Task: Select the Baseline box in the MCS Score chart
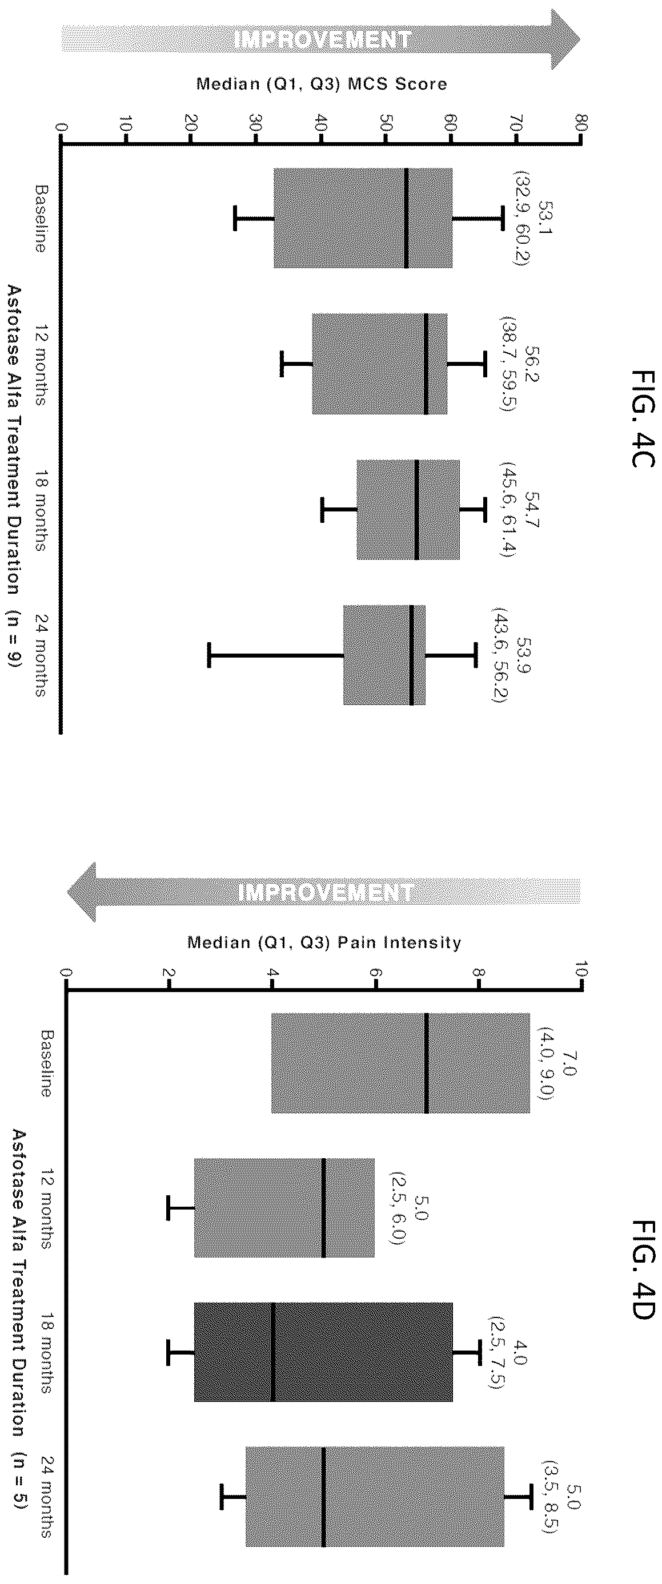363,217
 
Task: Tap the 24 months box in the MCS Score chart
384,654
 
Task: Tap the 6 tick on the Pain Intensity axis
376,978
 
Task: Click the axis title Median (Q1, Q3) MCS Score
321,84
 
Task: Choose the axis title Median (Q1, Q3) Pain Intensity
324,942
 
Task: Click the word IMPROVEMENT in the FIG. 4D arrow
325,892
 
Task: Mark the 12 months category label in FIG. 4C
41,364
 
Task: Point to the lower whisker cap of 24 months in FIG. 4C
209,654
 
